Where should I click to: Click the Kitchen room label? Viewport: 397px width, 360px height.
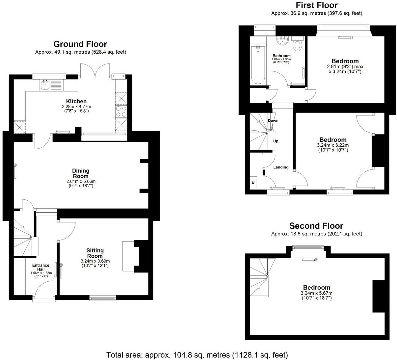76,101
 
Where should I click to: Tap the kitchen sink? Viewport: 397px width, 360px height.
44,86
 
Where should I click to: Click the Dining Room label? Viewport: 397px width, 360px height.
81,173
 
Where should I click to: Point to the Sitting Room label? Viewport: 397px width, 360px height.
95,253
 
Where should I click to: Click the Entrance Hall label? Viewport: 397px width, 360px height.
41,267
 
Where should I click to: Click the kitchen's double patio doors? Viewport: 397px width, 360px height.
95,71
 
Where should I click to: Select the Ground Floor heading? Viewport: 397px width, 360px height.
80,44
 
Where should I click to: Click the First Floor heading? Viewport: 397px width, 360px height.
316,5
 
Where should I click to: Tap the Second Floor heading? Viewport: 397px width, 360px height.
316,226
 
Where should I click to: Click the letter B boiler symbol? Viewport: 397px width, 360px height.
253,182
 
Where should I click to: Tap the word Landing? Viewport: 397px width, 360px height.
281,167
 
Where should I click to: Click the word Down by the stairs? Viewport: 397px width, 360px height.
273,121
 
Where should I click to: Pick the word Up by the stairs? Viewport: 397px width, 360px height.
276,141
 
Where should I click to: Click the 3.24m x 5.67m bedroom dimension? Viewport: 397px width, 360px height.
316,293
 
